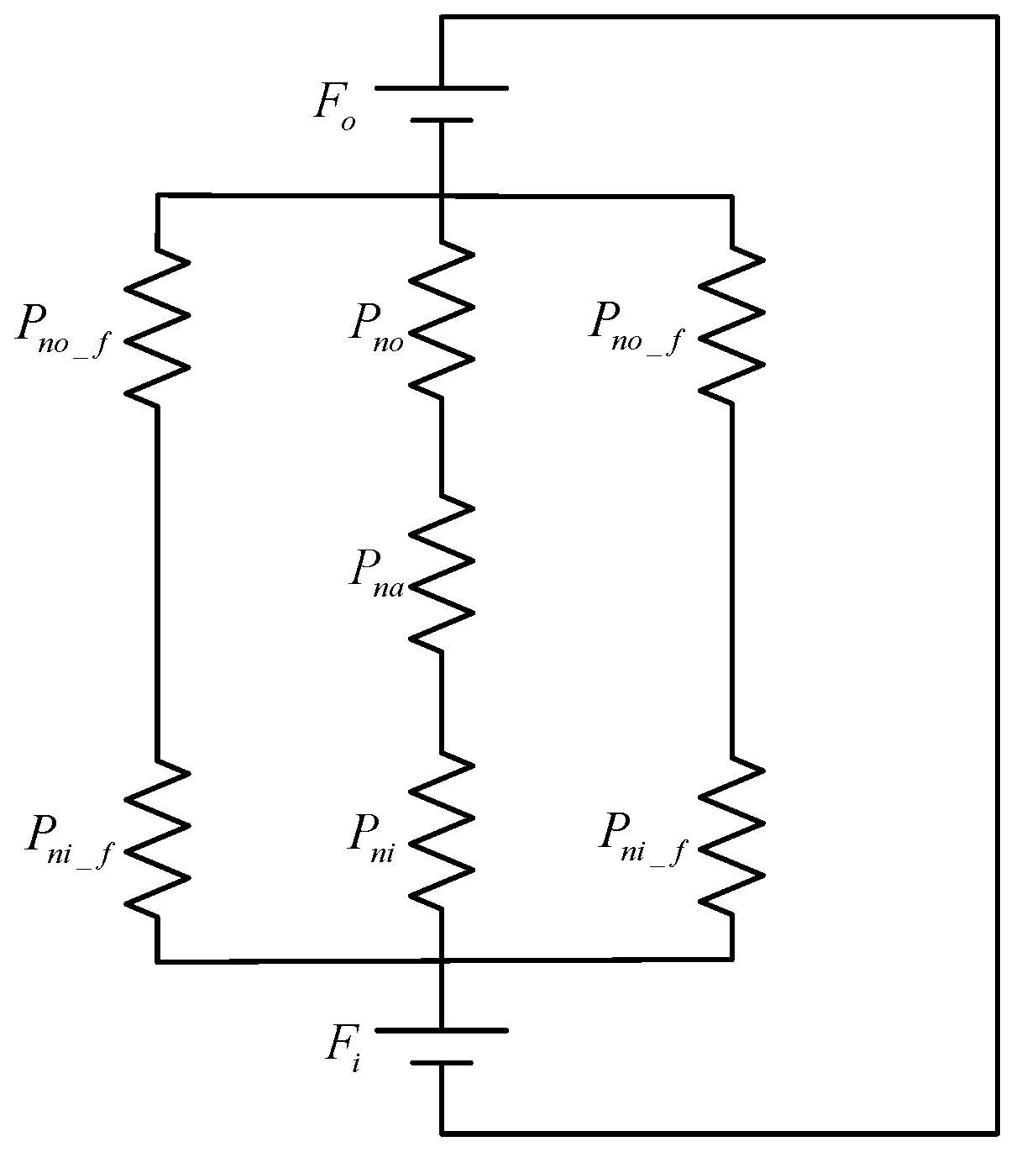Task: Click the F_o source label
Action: pyautogui.click(x=335, y=106)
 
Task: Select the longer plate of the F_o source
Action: pyautogui.click(x=441, y=87)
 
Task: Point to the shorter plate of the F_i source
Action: pyautogui.click(x=441, y=1063)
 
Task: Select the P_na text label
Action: pyautogui.click(x=376, y=575)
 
